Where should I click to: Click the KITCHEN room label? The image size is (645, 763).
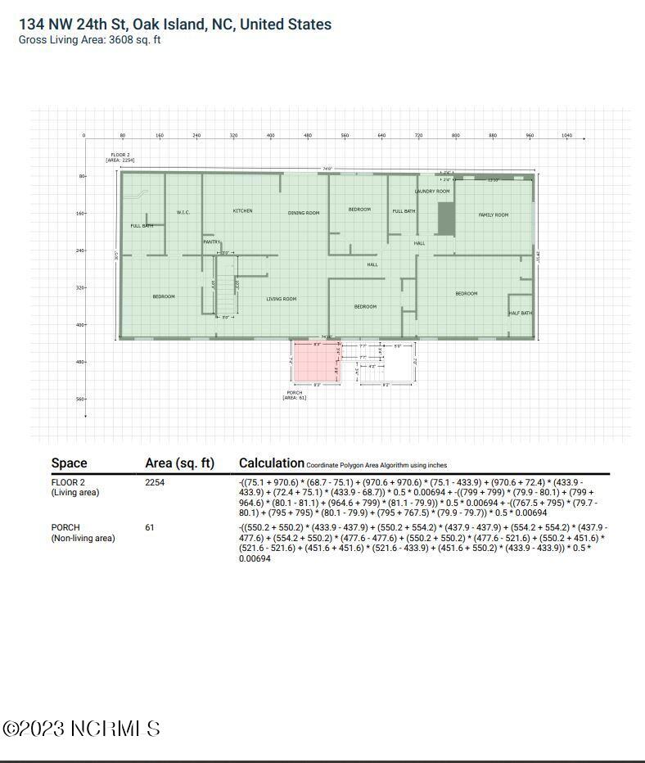(x=242, y=211)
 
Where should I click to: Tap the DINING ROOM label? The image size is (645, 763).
(x=303, y=213)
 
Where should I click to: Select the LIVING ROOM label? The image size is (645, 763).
(x=281, y=299)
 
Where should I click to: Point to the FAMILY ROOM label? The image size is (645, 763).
(x=494, y=215)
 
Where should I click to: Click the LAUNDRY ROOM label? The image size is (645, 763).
(x=432, y=192)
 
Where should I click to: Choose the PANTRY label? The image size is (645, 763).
(x=212, y=242)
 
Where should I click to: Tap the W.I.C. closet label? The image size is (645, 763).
(x=183, y=213)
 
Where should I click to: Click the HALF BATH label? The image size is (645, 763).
(x=521, y=314)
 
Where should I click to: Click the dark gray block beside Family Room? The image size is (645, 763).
(x=446, y=219)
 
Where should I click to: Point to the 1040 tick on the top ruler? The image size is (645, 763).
(x=566, y=136)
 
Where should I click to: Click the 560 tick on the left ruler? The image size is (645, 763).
(x=81, y=400)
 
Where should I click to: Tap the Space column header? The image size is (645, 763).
(x=70, y=463)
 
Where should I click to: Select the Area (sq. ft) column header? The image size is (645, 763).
(x=179, y=463)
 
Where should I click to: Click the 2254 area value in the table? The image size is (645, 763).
(x=155, y=483)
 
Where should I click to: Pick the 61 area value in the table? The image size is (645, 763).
(x=150, y=528)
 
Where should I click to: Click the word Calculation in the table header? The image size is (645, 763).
(x=271, y=463)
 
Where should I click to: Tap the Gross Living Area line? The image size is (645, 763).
(x=89, y=39)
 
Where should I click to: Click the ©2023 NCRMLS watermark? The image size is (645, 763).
(x=81, y=729)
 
